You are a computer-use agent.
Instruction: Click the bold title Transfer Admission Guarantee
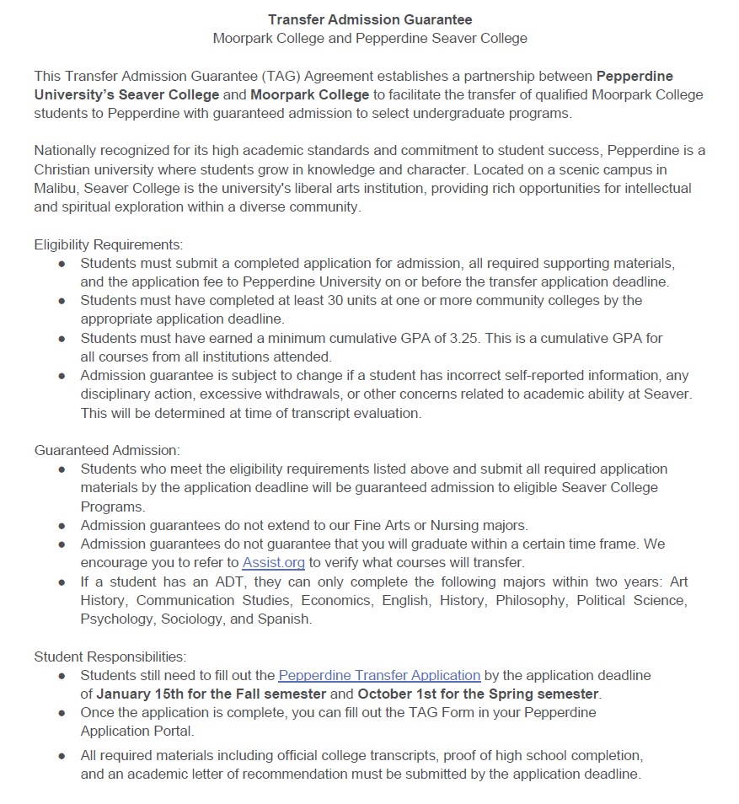tap(370, 19)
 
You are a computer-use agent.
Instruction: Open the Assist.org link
tap(273, 562)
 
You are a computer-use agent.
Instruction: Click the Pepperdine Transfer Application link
tap(379, 675)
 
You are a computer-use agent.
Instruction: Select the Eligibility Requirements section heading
tap(109, 244)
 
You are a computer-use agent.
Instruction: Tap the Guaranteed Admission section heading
tap(107, 451)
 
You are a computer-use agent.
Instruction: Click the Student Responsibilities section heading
tap(110, 657)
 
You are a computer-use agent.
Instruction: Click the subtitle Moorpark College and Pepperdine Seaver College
tap(370, 38)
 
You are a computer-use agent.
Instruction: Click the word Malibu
tap(57, 188)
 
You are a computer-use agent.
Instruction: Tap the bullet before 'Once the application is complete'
tap(62, 713)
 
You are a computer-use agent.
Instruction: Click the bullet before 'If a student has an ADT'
tap(62, 582)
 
